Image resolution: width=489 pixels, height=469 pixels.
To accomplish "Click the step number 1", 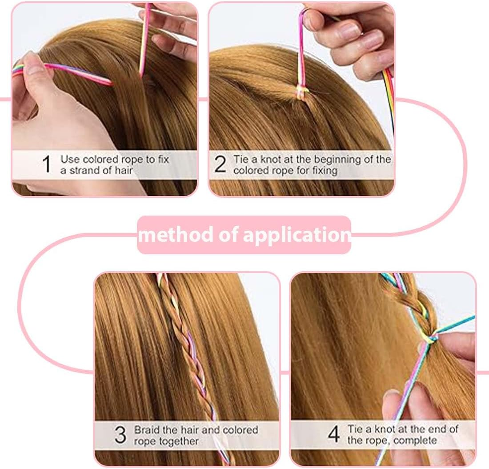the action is click(x=47, y=164).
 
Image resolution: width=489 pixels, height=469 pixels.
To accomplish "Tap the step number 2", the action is click(x=220, y=164).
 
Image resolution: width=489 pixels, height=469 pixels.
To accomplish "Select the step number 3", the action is click(x=120, y=435).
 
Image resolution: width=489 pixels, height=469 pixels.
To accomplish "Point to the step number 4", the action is click(x=334, y=434).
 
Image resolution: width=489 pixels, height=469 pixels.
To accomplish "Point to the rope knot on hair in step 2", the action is click(x=302, y=92).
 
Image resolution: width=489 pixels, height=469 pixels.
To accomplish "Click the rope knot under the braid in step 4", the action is click(x=430, y=338).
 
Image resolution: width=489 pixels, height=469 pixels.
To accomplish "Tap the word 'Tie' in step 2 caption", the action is click(x=241, y=159).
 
